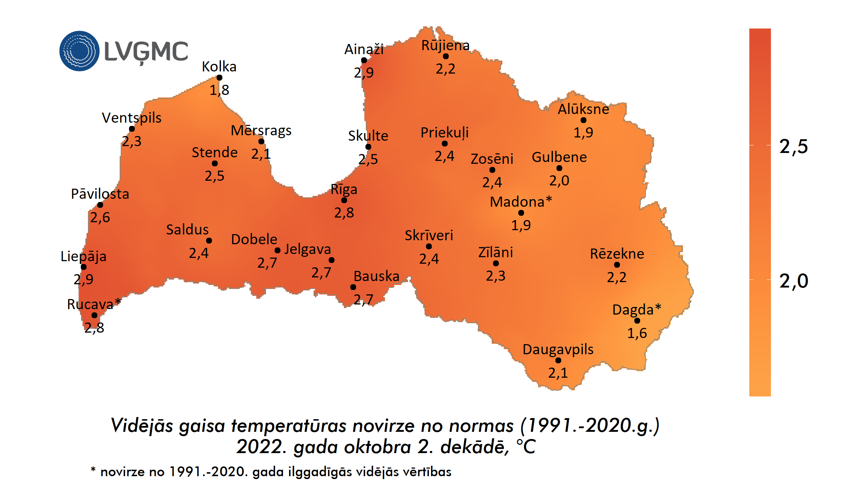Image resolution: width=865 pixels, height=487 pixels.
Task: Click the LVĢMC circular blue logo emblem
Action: [x=79, y=51]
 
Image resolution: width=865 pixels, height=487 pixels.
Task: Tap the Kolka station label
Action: [x=219, y=67]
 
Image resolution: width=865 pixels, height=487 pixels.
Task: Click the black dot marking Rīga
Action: [x=344, y=200]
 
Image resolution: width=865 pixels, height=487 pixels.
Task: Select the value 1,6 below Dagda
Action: [x=637, y=333]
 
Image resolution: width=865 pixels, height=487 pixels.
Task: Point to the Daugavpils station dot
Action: [x=558, y=360]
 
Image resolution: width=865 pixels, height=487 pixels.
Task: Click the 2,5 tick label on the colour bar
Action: [x=794, y=146]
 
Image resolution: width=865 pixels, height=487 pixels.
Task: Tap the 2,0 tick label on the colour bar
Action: [x=794, y=281]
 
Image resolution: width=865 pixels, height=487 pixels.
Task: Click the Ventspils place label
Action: [x=132, y=118]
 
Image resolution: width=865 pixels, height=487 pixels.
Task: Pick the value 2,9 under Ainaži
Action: [x=364, y=73]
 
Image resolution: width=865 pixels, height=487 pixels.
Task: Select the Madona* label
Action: [x=521, y=202]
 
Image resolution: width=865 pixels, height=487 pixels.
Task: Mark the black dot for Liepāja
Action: [x=84, y=267]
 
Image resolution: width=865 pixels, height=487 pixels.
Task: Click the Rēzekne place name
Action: [x=617, y=254]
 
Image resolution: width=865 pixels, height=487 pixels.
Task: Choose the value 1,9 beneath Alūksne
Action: [x=583, y=132]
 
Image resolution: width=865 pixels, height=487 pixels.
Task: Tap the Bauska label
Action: [x=376, y=276]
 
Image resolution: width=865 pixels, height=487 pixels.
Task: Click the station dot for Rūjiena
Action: [x=446, y=56]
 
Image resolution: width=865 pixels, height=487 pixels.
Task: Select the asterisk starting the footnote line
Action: [x=93, y=470]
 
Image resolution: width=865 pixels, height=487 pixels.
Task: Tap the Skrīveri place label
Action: [x=429, y=236]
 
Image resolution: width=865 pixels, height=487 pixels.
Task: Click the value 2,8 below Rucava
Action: [x=94, y=328]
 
